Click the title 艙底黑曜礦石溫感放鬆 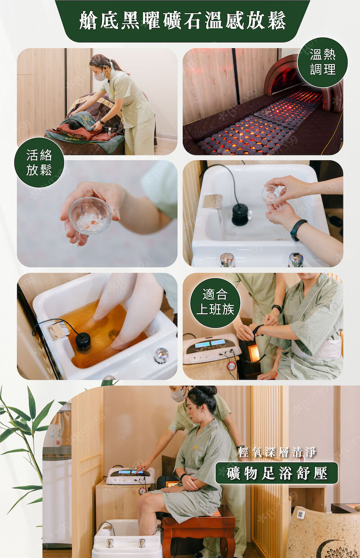pyautogui.click(x=183, y=21)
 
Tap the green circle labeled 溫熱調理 pyautogui.click(x=323, y=62)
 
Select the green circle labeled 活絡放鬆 pyautogui.click(x=39, y=163)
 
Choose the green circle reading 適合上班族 pyautogui.click(x=216, y=303)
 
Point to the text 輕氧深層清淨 pyautogui.click(x=277, y=452)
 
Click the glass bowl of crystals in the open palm pyautogui.click(x=90, y=215)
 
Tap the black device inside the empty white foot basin pyautogui.click(x=240, y=214)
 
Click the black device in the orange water pyautogui.click(x=83, y=343)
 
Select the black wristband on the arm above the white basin pyautogui.click(x=298, y=230)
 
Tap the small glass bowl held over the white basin pyautogui.click(x=270, y=194)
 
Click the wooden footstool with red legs pyautogui.click(x=198, y=527)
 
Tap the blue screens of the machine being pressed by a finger pyautogui.click(x=130, y=472)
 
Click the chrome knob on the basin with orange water pyautogui.click(x=161, y=355)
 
